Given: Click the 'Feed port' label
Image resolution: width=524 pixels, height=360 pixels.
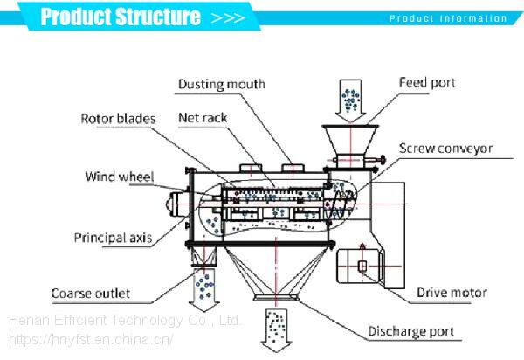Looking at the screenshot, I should tap(428, 83).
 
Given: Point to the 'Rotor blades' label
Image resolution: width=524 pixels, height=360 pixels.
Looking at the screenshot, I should tap(118, 117).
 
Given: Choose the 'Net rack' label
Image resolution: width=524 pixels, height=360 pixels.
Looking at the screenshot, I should tap(203, 115).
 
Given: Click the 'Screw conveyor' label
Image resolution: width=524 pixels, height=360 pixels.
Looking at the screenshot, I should tap(445, 149).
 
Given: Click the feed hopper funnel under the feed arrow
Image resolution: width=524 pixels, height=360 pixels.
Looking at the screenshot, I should tap(349, 142).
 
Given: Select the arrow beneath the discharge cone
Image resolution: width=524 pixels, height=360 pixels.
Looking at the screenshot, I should tap(274, 325).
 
